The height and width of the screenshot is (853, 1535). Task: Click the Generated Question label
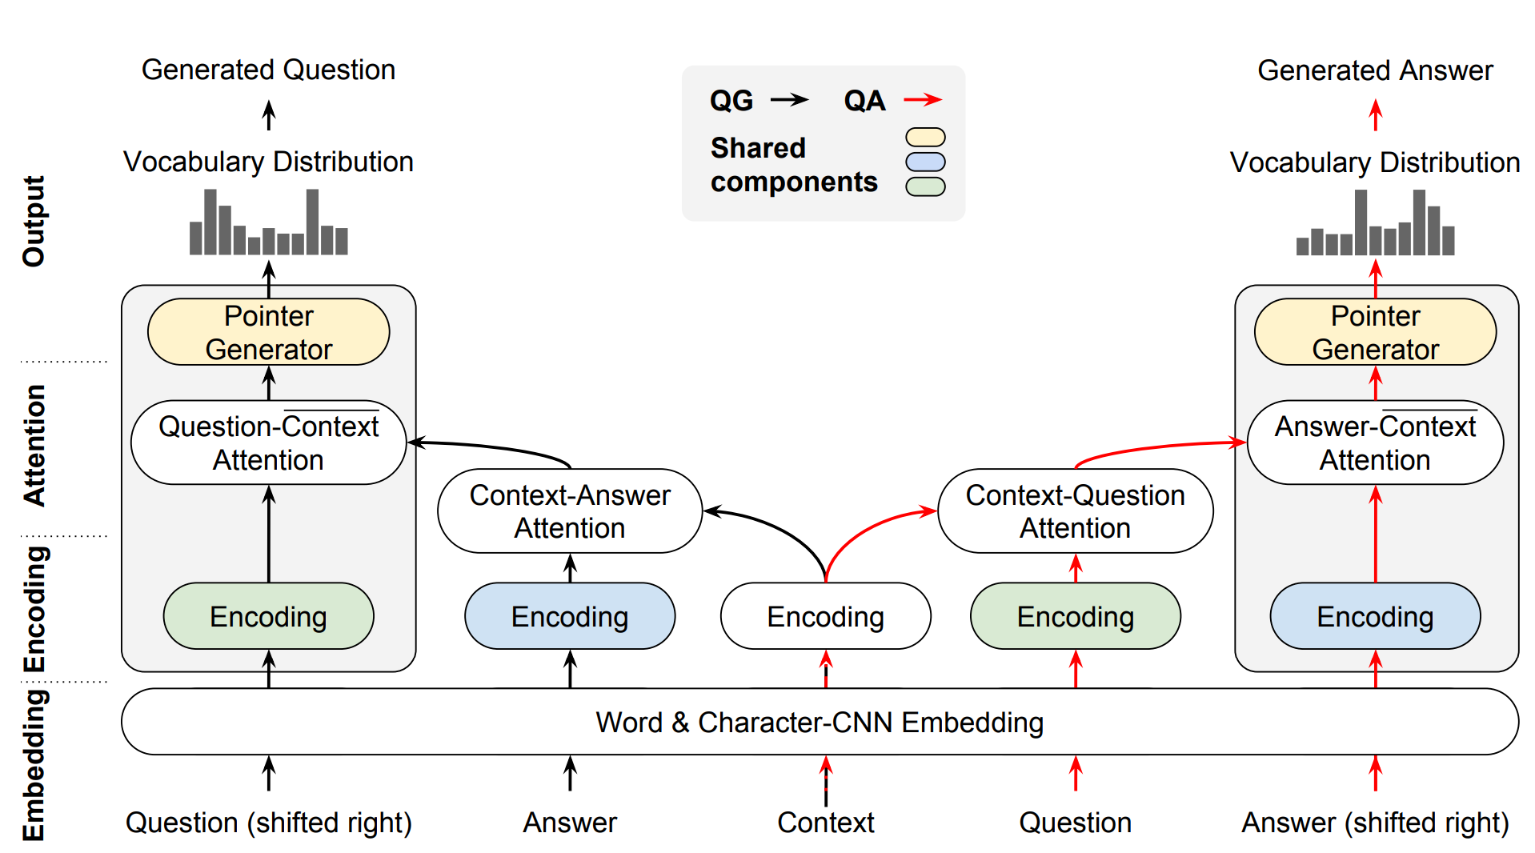[x=268, y=70]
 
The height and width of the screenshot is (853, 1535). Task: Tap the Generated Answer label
[x=1375, y=70]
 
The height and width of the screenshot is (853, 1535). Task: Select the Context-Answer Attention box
[x=570, y=511]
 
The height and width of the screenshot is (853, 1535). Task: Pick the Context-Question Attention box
[x=1075, y=511]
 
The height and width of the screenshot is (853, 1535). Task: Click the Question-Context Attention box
[x=268, y=443]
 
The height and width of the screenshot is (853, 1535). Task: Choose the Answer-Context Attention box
[x=1375, y=443]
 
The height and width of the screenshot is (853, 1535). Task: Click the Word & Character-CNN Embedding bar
[x=819, y=722]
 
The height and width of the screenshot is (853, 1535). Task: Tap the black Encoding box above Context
[x=825, y=616]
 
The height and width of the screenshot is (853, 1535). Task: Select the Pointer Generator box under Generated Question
[x=268, y=332]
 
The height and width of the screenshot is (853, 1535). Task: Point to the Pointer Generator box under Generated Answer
[x=1375, y=332]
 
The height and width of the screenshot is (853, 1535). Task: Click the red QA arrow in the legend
[x=923, y=100]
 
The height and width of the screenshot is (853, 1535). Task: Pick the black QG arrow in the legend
[x=789, y=100]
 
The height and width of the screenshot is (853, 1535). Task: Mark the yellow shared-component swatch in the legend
[x=925, y=138]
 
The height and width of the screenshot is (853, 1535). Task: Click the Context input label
[x=826, y=823]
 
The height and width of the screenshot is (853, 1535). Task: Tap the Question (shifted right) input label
[x=268, y=823]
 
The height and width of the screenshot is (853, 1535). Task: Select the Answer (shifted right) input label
[x=1375, y=823]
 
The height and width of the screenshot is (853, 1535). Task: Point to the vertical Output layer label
[x=34, y=221]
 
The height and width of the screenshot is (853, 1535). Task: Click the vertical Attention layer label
[x=34, y=445]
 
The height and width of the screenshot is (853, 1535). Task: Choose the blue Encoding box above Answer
[x=570, y=616]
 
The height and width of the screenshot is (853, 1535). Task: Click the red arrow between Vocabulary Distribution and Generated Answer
[x=1375, y=115]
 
